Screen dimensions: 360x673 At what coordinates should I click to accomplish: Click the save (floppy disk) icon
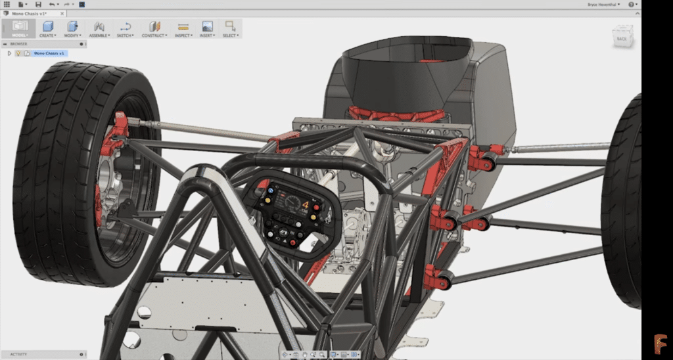[x=38, y=4]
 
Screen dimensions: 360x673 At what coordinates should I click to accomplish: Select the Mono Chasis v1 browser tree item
[x=47, y=53]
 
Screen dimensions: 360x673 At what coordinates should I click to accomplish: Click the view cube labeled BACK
[x=622, y=38]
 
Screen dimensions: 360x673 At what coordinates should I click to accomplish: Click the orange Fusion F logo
[x=659, y=344]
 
